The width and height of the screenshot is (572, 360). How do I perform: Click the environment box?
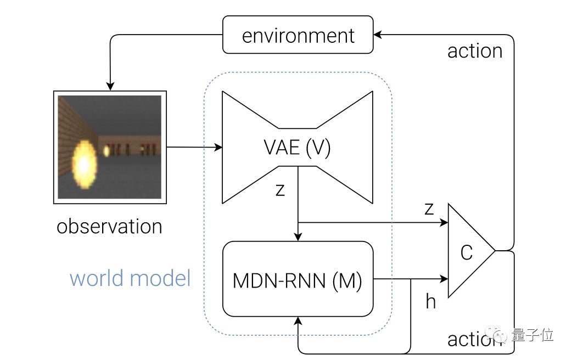298,35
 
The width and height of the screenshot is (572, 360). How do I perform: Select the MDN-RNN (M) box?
298,279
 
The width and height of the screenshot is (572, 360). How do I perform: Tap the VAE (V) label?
297,148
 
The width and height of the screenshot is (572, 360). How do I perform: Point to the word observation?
109,226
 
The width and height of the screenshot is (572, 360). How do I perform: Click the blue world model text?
130,278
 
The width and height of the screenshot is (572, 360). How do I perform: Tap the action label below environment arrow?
475,50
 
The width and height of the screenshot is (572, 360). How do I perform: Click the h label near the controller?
431,302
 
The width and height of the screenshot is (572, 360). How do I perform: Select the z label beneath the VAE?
280,190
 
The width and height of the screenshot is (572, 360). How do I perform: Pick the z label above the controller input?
429,209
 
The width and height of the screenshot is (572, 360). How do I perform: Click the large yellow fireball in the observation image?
85,165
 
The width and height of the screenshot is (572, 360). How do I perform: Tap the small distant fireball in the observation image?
106,150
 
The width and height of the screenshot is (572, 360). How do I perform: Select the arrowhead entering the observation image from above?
110,86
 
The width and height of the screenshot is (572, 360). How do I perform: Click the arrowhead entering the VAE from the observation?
218,148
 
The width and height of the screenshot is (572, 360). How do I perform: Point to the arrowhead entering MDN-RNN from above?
298,237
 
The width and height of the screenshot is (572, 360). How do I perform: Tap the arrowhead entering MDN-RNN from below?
298,321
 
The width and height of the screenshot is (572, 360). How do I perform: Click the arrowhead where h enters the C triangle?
444,279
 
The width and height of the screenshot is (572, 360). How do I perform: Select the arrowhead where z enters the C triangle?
444,222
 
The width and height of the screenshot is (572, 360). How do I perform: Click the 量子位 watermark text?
532,334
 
